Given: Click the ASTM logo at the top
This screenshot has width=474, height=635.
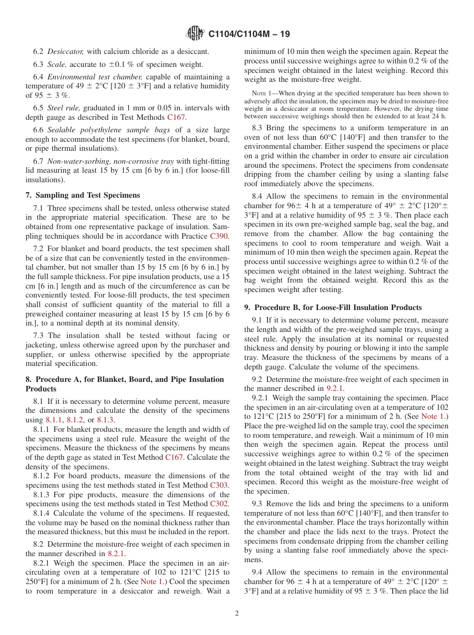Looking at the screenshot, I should tap(195, 33).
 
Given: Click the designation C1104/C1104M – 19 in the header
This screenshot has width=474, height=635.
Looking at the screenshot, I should tap(248, 34).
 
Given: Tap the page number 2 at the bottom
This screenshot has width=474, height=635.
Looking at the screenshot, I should tap(237, 614).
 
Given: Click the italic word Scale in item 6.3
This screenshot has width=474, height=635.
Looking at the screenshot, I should tap(57, 64).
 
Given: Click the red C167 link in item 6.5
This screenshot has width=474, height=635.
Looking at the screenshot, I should tap(176, 117).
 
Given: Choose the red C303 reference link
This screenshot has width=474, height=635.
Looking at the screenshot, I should tap(220, 485).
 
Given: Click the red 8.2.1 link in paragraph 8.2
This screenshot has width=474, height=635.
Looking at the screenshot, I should tap(117, 554).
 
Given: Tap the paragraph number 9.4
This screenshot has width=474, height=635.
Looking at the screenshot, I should tap(258, 572).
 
